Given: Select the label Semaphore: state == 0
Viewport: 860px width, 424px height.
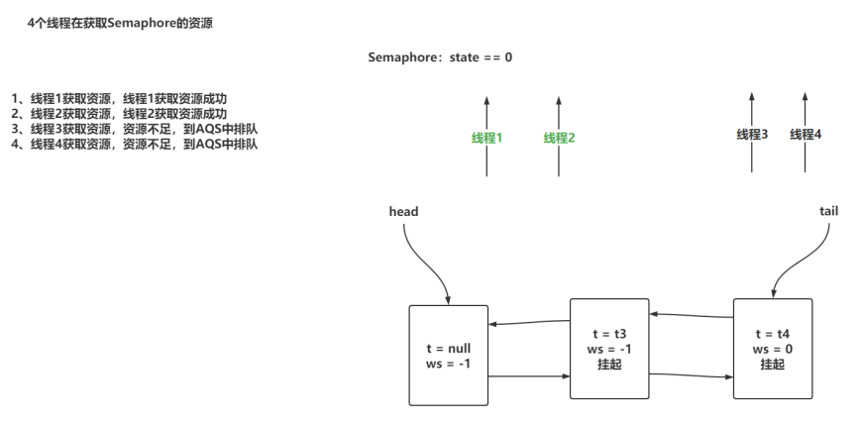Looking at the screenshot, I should [x=440, y=57].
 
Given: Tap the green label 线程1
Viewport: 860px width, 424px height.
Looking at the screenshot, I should [x=486, y=138].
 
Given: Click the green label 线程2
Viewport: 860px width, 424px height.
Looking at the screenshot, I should [x=559, y=138].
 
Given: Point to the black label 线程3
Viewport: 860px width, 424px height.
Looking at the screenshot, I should [x=752, y=134].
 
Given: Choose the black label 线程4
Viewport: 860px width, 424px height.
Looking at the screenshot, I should [x=806, y=134].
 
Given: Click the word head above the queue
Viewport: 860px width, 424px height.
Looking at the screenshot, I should [x=404, y=211].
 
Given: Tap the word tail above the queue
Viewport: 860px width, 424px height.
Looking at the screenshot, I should [x=829, y=211].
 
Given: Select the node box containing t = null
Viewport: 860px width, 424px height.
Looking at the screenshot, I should [x=448, y=355].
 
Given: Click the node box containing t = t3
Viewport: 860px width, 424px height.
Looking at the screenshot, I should [x=608, y=348].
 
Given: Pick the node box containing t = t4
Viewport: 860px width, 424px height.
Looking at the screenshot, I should [x=772, y=348].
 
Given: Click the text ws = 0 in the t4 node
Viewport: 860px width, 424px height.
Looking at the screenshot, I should [x=772, y=349].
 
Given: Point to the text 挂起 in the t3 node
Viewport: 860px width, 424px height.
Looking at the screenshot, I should [x=608, y=364].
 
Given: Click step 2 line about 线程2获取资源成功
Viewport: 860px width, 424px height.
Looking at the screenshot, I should [x=119, y=113].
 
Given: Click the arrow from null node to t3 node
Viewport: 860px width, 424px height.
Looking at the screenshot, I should [x=528, y=376].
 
